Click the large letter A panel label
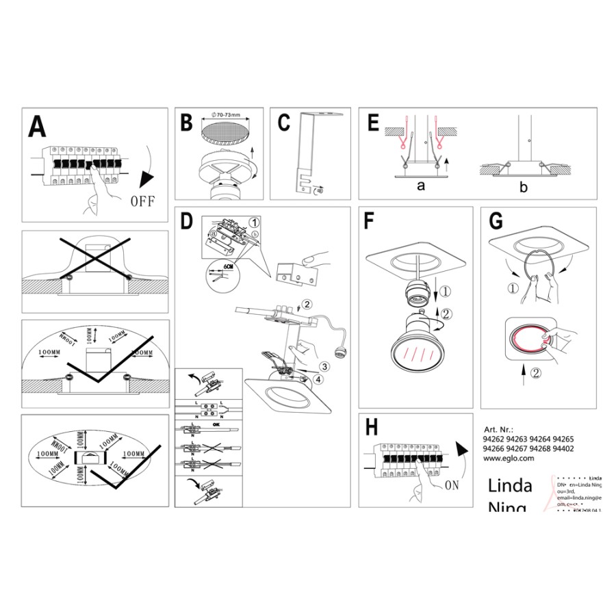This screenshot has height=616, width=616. pos(38,128)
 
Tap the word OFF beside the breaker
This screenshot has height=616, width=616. pos(142,201)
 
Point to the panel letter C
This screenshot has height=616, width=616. pos(285,123)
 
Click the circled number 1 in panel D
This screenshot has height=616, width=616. pos(255,222)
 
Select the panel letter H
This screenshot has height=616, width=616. pos(372,427)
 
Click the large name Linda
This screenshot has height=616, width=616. pos(510,486)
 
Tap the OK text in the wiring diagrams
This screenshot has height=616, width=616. pos(217,424)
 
